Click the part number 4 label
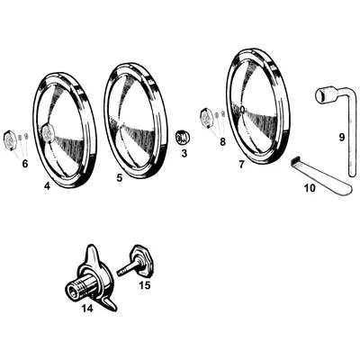coord(47,186)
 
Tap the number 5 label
coord(120,178)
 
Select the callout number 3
coord(184,153)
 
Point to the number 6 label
coord(25,164)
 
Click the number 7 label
coord(241,165)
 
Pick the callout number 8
coord(222,141)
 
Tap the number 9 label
coord(342,137)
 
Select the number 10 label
coord(310,188)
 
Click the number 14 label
coord(87,308)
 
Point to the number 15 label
coord(145,285)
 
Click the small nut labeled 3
coord(183,138)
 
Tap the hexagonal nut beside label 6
coord(9,139)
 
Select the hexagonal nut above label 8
coord(207,117)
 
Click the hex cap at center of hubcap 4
coord(48,132)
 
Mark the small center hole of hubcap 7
coord(242,110)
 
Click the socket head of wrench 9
coord(322,94)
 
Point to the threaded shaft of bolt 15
coord(125,269)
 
